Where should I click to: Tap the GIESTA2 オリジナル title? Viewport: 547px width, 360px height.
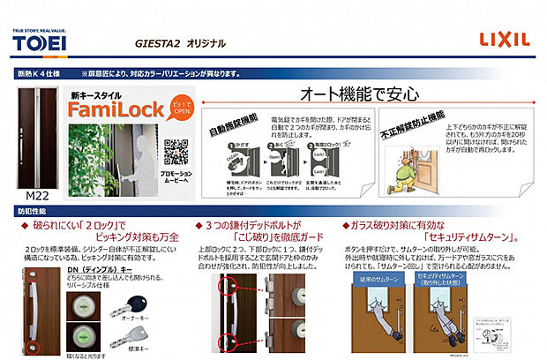pyautogui.click(x=181, y=42)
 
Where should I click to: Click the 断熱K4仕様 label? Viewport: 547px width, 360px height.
pyautogui.click(x=43, y=73)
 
